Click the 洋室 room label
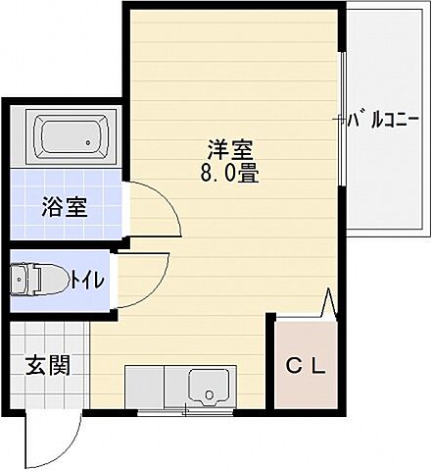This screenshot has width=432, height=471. point(231,151)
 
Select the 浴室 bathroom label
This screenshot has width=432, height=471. point(65,207)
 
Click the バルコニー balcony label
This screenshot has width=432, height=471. point(388,123)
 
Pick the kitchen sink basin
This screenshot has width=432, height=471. point(211,385)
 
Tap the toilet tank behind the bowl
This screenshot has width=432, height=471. point(18,281)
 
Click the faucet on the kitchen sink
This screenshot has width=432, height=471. point(209,396)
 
